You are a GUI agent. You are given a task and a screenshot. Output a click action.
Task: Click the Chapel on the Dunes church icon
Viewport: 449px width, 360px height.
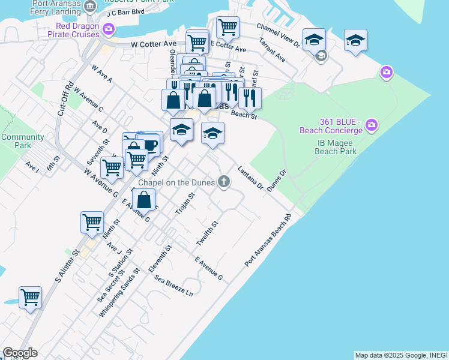[224, 181]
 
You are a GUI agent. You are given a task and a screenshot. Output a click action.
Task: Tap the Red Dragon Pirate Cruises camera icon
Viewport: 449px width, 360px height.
[109, 28]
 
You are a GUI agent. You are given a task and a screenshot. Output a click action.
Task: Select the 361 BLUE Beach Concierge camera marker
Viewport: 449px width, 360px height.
[372, 125]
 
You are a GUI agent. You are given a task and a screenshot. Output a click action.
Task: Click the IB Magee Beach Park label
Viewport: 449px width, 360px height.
[336, 147]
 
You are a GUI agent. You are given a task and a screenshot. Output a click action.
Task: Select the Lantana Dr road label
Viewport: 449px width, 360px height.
[250, 178]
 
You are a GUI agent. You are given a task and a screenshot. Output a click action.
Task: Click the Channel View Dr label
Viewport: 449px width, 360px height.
[278, 35]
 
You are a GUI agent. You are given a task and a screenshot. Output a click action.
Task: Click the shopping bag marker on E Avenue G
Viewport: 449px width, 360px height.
[144, 200]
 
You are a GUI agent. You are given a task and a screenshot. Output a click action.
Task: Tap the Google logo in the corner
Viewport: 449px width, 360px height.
[20, 353]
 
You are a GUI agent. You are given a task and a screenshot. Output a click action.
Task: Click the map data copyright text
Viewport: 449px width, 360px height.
[401, 355]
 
